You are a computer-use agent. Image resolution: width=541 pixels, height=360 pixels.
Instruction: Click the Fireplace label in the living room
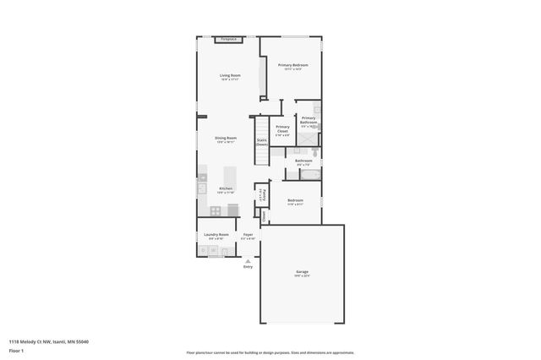tap(227, 39)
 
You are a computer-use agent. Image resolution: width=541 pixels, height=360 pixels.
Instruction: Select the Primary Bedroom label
tap(292, 66)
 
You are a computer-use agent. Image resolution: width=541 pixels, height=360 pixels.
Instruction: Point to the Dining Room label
tap(225, 139)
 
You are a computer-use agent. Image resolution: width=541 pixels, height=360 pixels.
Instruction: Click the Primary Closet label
tap(282, 130)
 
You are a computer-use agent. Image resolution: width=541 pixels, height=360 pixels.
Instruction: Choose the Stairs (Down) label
tap(262, 142)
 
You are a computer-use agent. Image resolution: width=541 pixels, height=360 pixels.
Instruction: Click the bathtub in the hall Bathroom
tap(309, 175)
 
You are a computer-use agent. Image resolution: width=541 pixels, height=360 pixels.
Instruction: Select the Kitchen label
tap(225, 190)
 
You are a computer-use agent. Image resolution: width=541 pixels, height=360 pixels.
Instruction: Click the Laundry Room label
tap(216, 236)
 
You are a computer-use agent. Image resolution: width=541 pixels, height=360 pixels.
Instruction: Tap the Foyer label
tap(248, 236)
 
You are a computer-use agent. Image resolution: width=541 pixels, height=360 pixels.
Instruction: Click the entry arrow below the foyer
tap(248, 259)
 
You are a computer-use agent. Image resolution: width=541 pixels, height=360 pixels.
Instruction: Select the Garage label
tap(302, 273)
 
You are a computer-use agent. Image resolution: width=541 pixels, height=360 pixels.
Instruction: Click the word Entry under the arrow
tap(248, 266)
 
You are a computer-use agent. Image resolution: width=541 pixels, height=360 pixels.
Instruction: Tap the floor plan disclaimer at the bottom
tap(270, 352)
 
